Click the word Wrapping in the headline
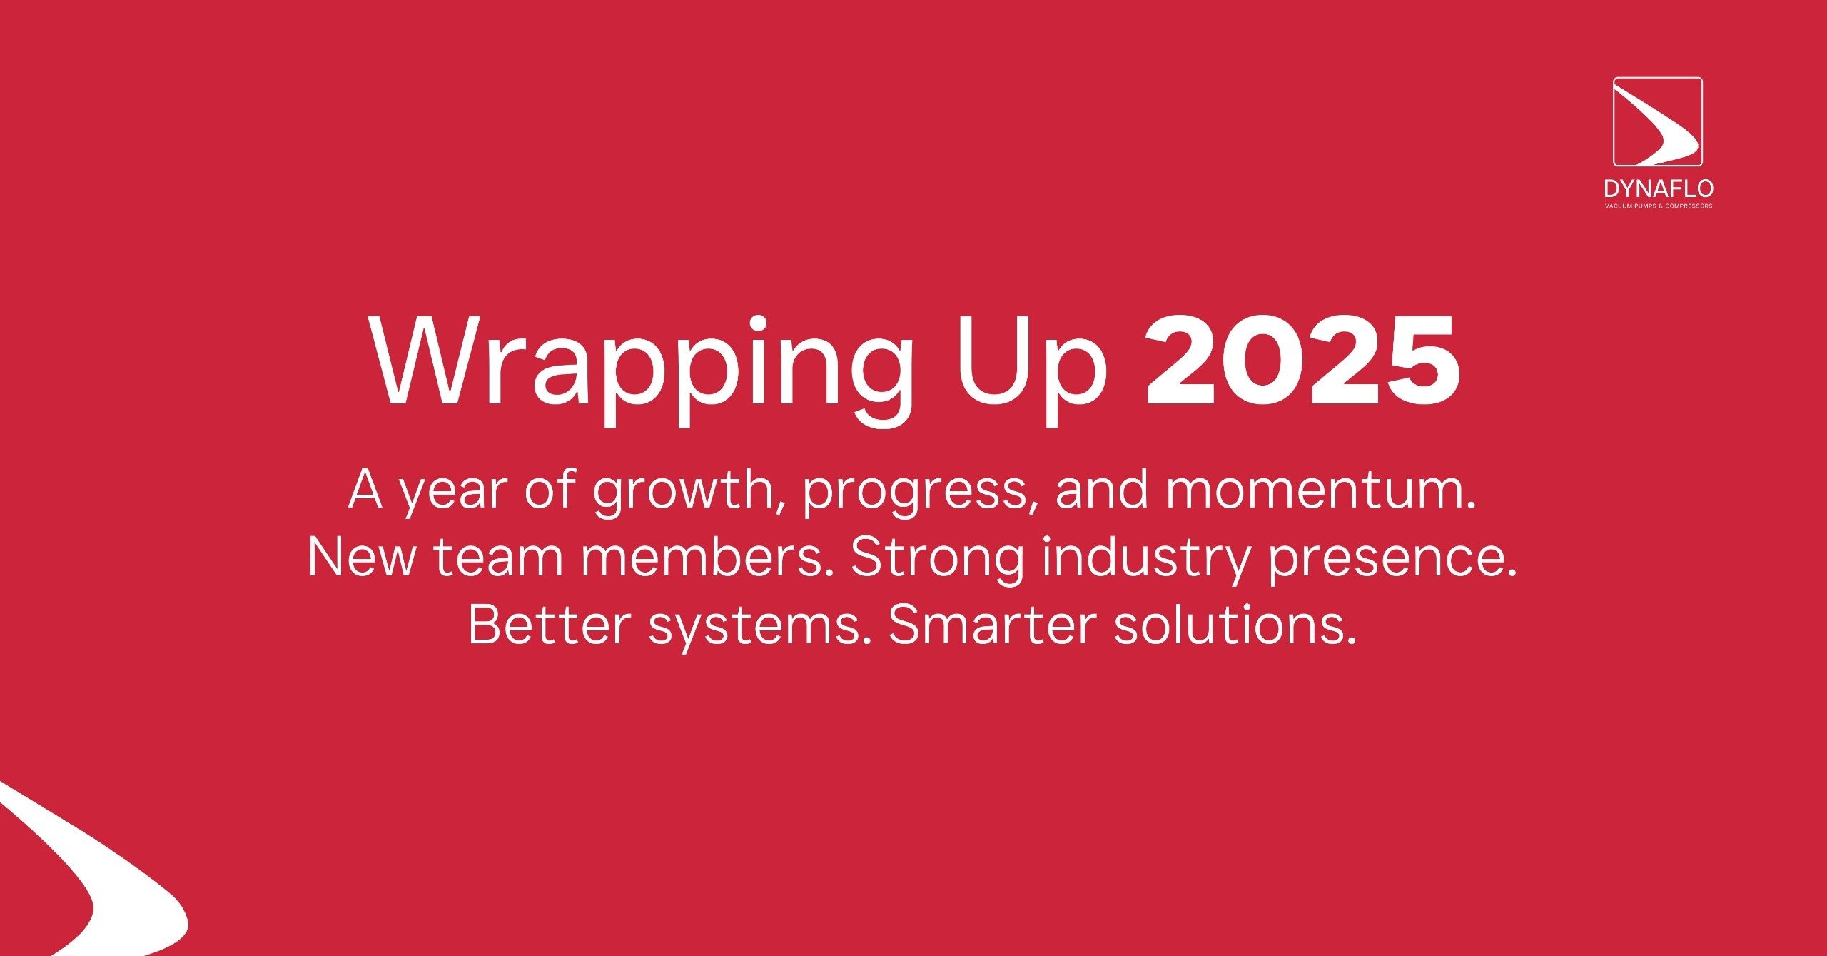tap(641, 370)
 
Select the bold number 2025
tap(1302, 361)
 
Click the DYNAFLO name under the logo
tap(1659, 189)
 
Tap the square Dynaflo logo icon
tap(1658, 121)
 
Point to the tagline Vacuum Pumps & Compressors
tap(1659, 206)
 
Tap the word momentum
tap(1321, 490)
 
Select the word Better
tap(550, 625)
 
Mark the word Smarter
tap(992, 625)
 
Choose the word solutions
tap(1235, 625)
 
